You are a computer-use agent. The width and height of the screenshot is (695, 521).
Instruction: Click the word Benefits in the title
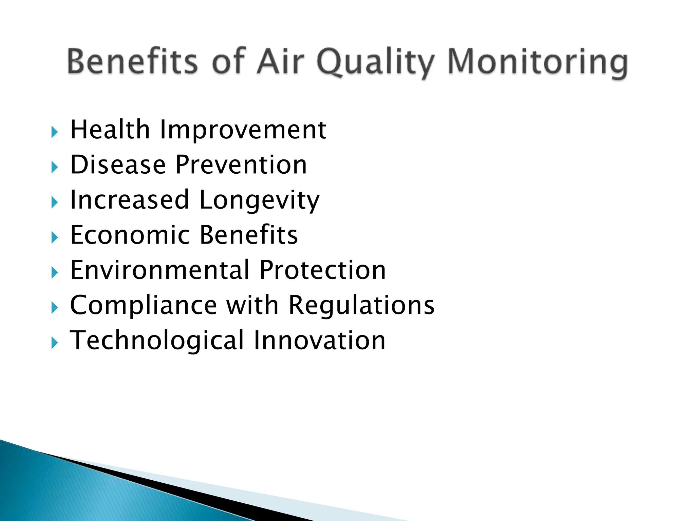pos(132,62)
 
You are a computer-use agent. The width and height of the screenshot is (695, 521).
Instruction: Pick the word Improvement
pos(243,130)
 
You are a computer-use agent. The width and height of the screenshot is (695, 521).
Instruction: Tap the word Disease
pos(118,165)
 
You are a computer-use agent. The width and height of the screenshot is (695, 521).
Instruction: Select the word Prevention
pos(241,165)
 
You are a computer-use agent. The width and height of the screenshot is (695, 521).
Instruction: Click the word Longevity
pos(259,201)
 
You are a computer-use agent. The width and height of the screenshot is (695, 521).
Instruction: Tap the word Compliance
pos(143,305)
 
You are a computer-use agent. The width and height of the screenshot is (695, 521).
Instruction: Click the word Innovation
pos(319,341)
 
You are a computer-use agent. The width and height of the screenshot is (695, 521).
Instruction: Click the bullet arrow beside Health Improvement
pos(54,132)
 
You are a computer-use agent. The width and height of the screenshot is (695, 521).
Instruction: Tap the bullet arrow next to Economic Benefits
pos(54,237)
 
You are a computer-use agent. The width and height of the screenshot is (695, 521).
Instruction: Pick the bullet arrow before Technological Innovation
pos(54,343)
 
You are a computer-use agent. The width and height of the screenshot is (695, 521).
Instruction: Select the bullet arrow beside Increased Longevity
pos(54,202)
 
